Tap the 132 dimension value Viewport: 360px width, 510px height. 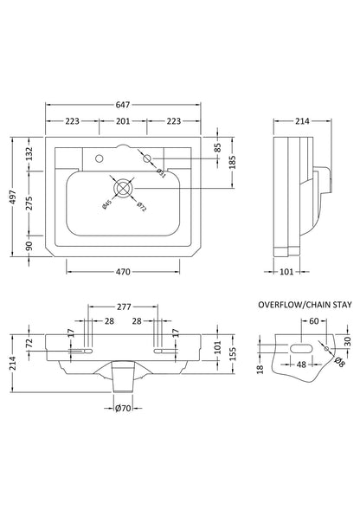point(29,154)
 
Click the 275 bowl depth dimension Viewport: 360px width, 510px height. point(29,202)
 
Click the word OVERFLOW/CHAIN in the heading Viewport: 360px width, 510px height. point(287,305)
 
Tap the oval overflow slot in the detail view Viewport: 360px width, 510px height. point(299,345)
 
